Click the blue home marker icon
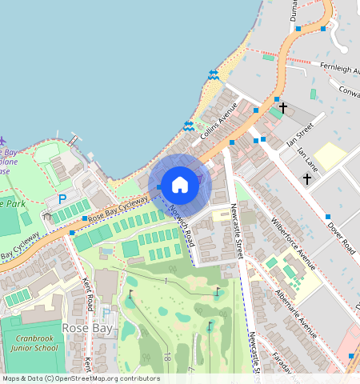(x=180, y=185)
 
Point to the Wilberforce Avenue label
(x=294, y=243)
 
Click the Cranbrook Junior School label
(x=35, y=343)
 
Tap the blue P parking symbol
(x=62, y=198)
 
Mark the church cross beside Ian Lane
(x=307, y=179)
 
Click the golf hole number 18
(x=167, y=356)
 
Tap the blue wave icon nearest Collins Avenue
(x=189, y=126)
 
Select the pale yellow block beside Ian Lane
(x=330, y=155)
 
